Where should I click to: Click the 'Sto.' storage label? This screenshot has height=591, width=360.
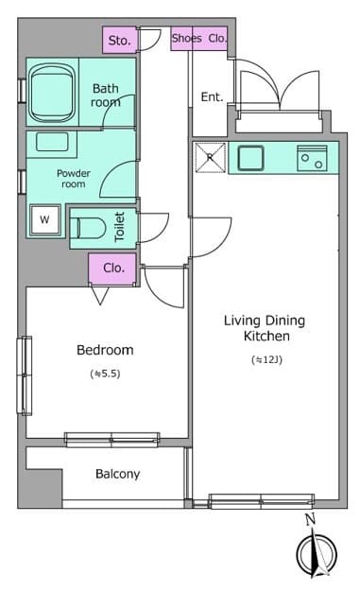pos(118,41)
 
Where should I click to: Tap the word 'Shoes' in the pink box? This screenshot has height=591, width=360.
pos(187,38)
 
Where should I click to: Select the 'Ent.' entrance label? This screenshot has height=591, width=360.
pos(212,96)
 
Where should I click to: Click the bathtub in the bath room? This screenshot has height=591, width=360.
pos(52,92)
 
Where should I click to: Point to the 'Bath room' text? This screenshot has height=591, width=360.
pos(106,95)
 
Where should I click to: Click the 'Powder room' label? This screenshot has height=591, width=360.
pos(74,179)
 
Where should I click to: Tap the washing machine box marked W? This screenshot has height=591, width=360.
pos(44,220)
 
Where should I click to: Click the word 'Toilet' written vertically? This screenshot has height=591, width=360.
pos(119,227)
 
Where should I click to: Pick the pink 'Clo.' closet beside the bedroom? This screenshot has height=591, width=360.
pos(112,269)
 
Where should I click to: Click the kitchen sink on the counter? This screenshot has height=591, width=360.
pos(250,158)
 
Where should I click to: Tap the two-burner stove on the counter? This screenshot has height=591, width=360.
pos(312,158)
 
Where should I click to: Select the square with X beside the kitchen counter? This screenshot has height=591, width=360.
pos(211,157)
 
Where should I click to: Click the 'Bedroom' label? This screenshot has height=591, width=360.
pos(105,350)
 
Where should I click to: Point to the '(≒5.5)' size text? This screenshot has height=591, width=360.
pos(105,374)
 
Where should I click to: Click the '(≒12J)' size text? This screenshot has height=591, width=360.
pos(266,359)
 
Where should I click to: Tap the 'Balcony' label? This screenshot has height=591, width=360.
pos(118,474)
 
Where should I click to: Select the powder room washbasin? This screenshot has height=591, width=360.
pos(52,143)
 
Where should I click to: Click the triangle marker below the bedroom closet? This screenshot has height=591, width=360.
pos(100,295)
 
